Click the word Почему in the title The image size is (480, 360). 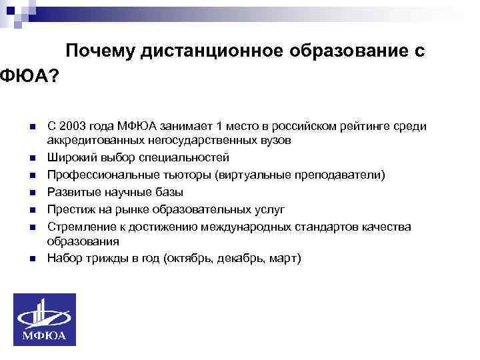point(101,52)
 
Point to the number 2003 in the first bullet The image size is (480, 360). point(73,127)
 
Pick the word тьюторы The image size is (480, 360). point(173,175)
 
